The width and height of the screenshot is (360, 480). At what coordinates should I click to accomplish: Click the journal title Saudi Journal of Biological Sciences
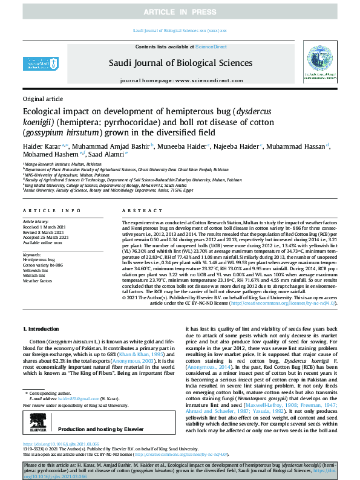tap(180, 62)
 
